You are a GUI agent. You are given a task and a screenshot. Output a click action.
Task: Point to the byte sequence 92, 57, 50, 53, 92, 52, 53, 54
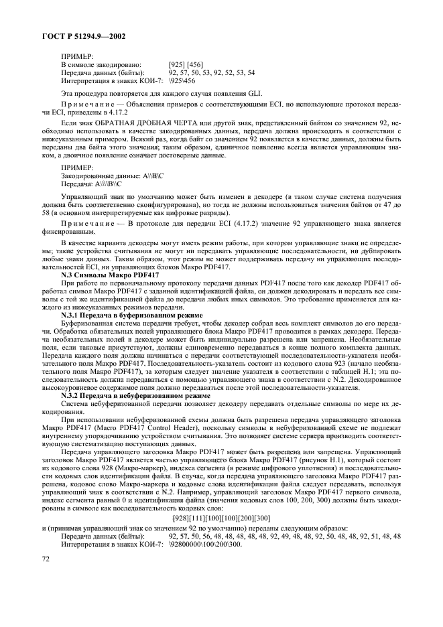coord(212,72)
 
